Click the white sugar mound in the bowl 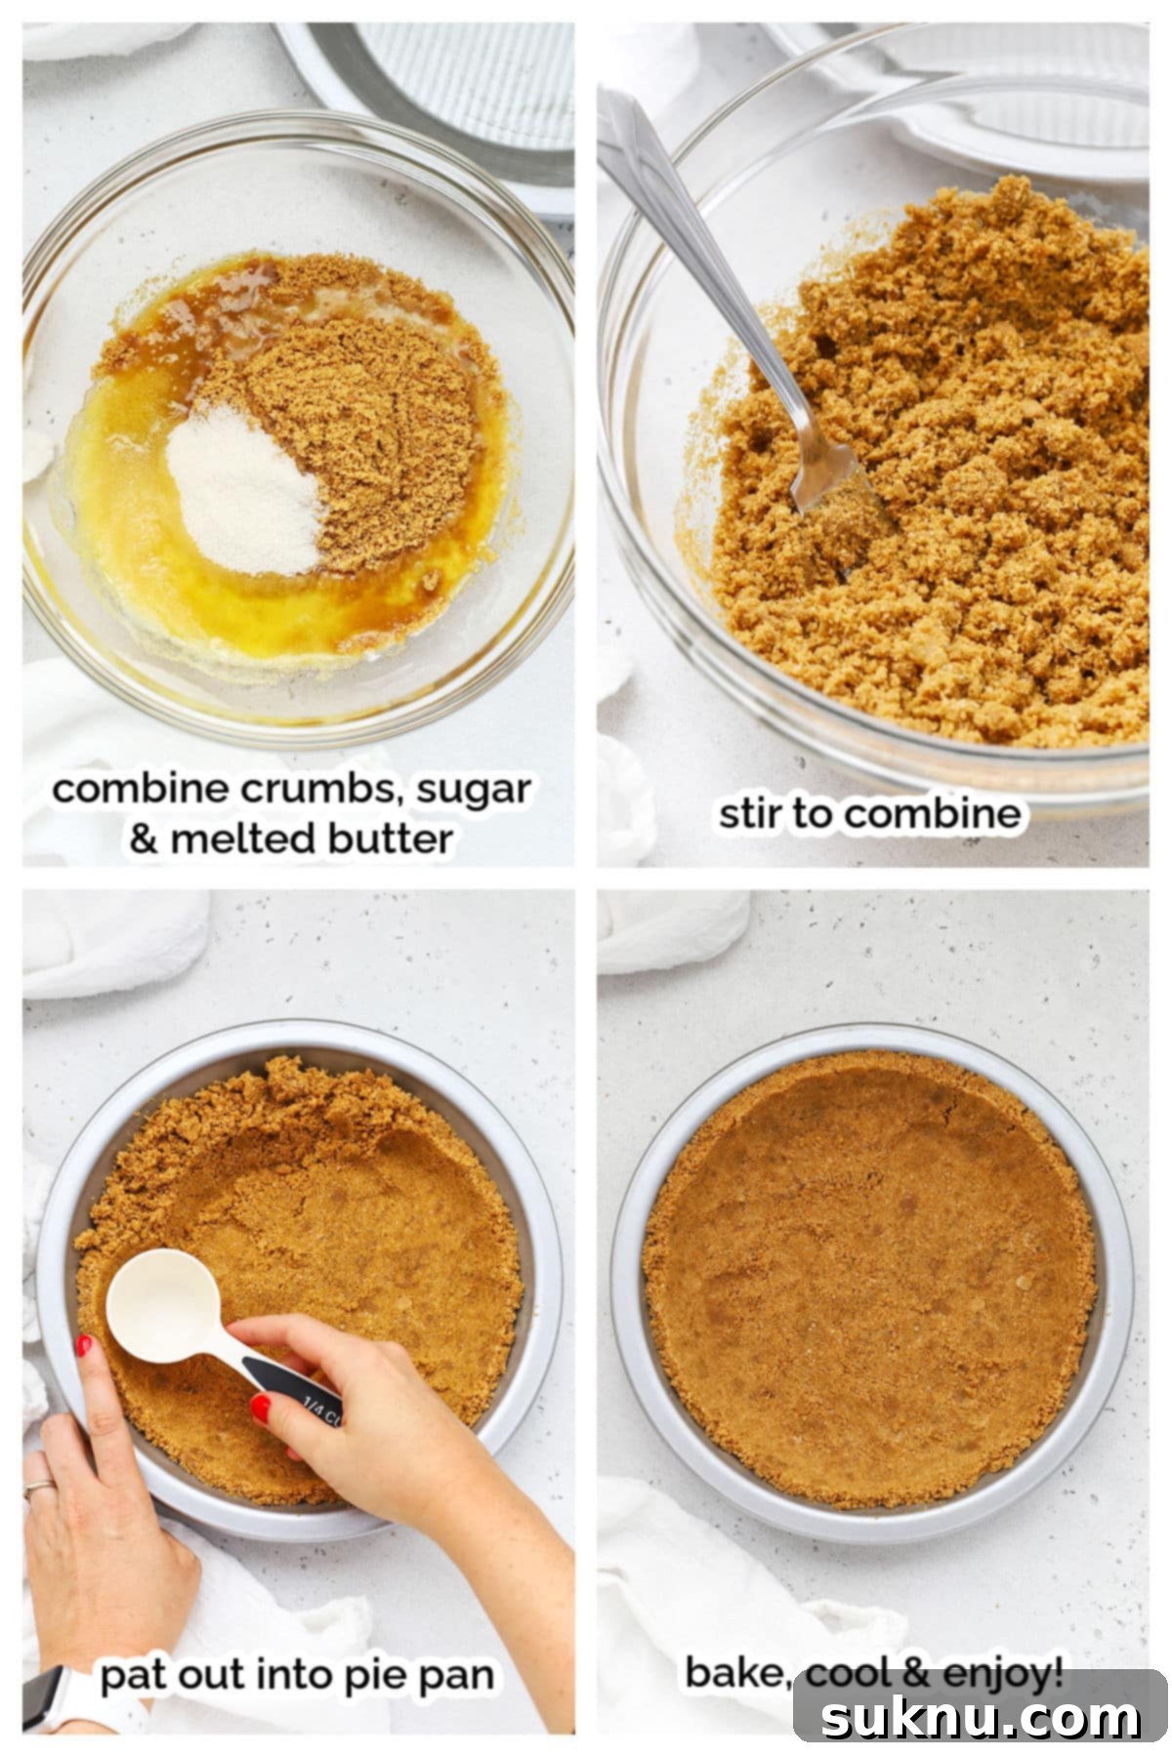(x=241, y=487)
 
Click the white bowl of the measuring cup (x=162, y=1306)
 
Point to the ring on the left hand (x=39, y=1486)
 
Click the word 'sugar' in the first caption (x=474, y=789)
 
